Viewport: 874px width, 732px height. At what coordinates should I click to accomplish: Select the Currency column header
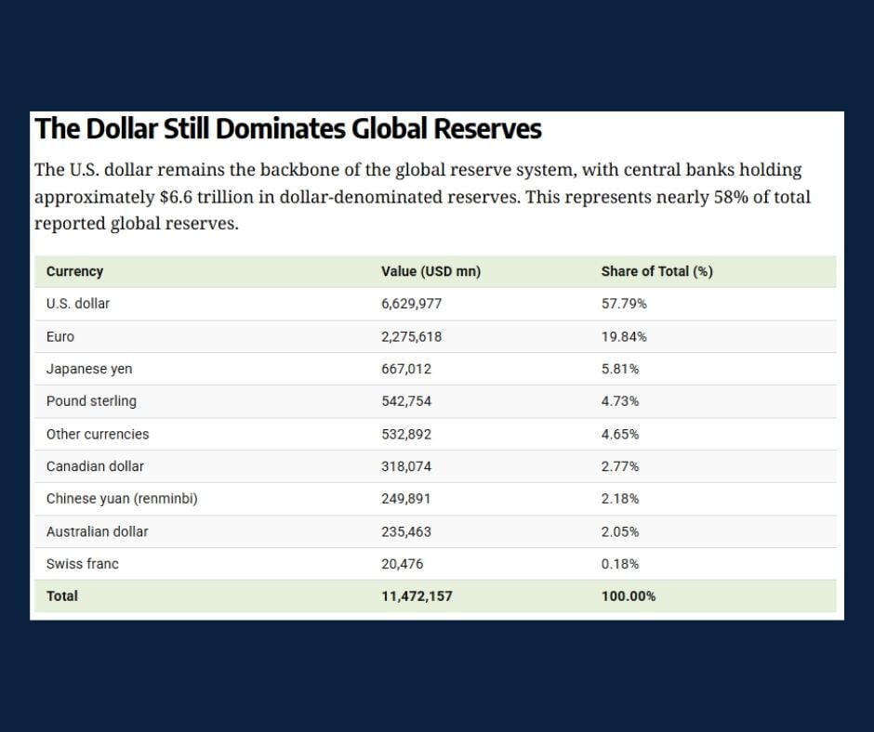click(x=74, y=271)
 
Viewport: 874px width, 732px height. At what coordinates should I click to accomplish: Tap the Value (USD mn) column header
click(x=430, y=271)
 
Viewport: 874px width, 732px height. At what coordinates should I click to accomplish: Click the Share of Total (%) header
click(x=656, y=271)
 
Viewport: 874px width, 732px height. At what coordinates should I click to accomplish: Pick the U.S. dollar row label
click(x=78, y=304)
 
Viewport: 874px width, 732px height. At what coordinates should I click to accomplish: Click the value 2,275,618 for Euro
click(x=411, y=336)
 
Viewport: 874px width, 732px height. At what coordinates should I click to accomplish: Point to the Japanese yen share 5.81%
click(x=619, y=369)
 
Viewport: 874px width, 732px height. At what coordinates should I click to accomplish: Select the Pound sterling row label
click(x=91, y=401)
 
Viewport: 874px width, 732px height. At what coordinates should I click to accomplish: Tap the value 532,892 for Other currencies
click(x=406, y=434)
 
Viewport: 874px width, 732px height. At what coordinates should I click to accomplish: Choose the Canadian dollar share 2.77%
click(x=619, y=466)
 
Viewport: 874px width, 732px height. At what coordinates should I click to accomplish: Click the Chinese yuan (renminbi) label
click(x=122, y=499)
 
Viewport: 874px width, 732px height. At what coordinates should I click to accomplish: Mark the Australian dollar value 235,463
click(x=406, y=531)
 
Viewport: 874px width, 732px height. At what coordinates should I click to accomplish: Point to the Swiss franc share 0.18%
click(x=619, y=564)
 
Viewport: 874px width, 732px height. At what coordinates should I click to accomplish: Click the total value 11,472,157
click(x=417, y=596)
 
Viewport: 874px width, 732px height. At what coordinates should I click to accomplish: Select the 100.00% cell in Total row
click(x=628, y=596)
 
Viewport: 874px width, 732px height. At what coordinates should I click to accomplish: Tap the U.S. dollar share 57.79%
click(x=624, y=304)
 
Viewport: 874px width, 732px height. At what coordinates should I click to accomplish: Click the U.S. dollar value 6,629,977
click(x=411, y=304)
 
